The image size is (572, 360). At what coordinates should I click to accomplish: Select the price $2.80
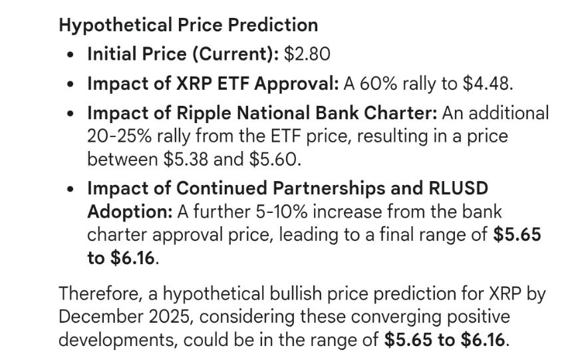pyautogui.click(x=307, y=55)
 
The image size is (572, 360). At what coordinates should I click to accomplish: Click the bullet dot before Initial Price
pyautogui.click(x=71, y=55)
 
